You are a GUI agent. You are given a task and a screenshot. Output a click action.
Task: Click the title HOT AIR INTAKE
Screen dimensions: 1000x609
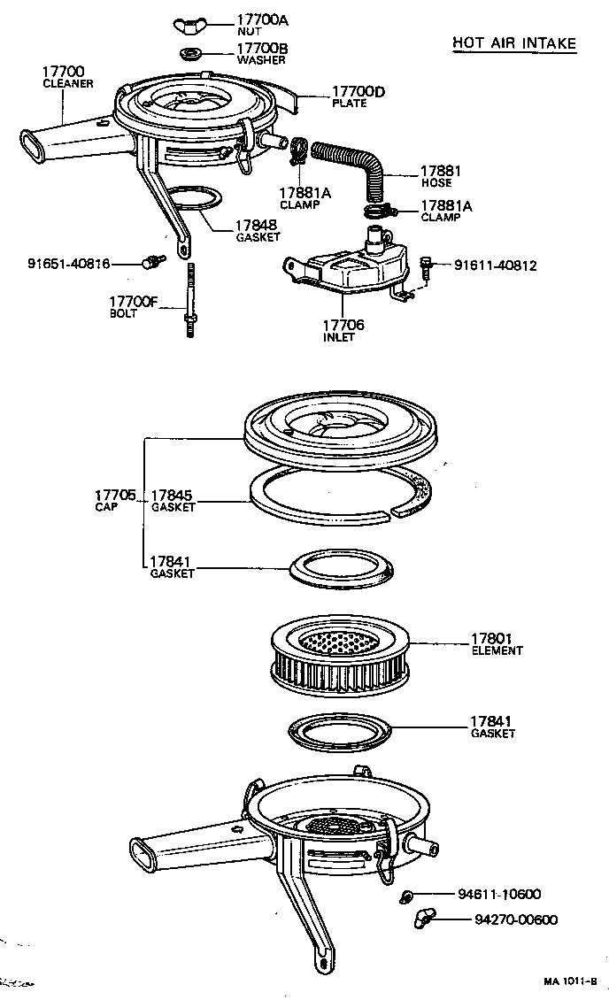[513, 42]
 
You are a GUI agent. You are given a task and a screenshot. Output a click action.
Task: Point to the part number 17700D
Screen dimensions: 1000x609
[358, 91]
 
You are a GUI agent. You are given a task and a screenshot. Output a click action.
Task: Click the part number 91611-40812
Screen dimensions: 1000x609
[496, 265]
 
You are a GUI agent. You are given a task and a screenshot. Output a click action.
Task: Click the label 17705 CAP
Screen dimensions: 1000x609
[114, 500]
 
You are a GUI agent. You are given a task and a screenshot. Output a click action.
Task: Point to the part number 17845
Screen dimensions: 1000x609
[171, 496]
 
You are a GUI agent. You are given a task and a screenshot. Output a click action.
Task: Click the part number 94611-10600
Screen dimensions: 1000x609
[499, 894]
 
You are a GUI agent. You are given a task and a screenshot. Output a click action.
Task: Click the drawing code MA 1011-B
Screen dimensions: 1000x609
[570, 981]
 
